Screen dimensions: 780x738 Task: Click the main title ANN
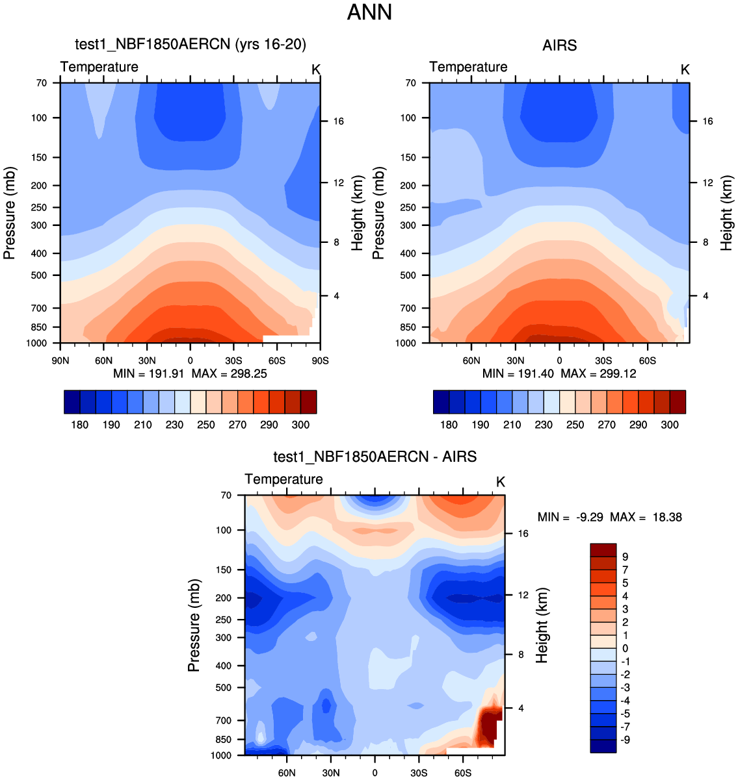[x=369, y=12]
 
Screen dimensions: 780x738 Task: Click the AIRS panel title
[x=559, y=45]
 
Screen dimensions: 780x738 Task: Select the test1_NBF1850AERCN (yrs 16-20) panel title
[x=191, y=44]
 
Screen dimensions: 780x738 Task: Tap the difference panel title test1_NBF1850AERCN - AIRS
[x=375, y=457]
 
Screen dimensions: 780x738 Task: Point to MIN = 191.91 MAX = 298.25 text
[x=190, y=374]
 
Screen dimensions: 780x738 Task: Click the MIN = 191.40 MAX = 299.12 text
[x=559, y=374]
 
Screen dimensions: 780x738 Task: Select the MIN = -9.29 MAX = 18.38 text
[x=610, y=518]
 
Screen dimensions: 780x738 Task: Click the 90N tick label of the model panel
[x=60, y=361]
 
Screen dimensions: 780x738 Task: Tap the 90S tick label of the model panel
[x=320, y=361]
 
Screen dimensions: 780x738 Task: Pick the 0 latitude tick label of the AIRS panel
[x=559, y=361]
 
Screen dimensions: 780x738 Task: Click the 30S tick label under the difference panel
[x=419, y=774]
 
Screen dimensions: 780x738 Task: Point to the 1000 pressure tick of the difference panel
[x=222, y=755]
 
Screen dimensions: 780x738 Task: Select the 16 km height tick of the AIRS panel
[x=707, y=121]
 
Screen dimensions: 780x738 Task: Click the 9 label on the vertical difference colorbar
[x=625, y=557]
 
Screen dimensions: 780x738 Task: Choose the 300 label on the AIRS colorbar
[x=670, y=425]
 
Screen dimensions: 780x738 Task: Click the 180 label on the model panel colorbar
[x=80, y=425]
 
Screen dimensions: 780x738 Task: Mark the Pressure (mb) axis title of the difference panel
[x=194, y=625]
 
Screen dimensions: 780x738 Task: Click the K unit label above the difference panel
[x=500, y=482]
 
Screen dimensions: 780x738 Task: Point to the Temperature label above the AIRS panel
[x=468, y=67]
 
